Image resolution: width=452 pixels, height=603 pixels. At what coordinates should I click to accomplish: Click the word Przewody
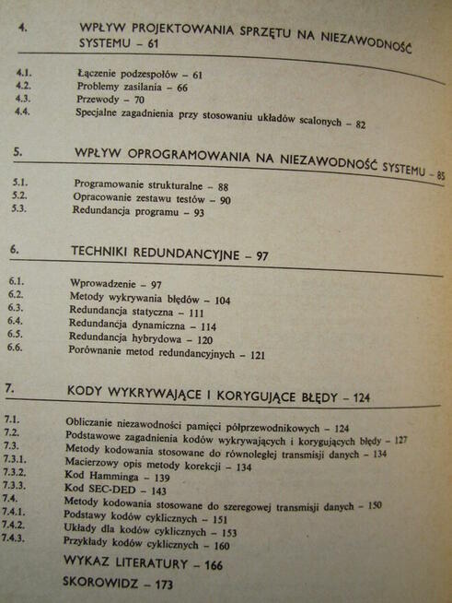pyautogui.click(x=98, y=100)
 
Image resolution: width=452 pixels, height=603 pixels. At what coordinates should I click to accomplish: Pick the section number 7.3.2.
pyautogui.click(x=18, y=471)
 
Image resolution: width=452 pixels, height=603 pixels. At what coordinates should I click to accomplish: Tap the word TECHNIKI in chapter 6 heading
pyautogui.click(x=107, y=252)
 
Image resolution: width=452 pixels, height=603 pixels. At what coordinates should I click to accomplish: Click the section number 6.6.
pyautogui.click(x=15, y=349)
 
